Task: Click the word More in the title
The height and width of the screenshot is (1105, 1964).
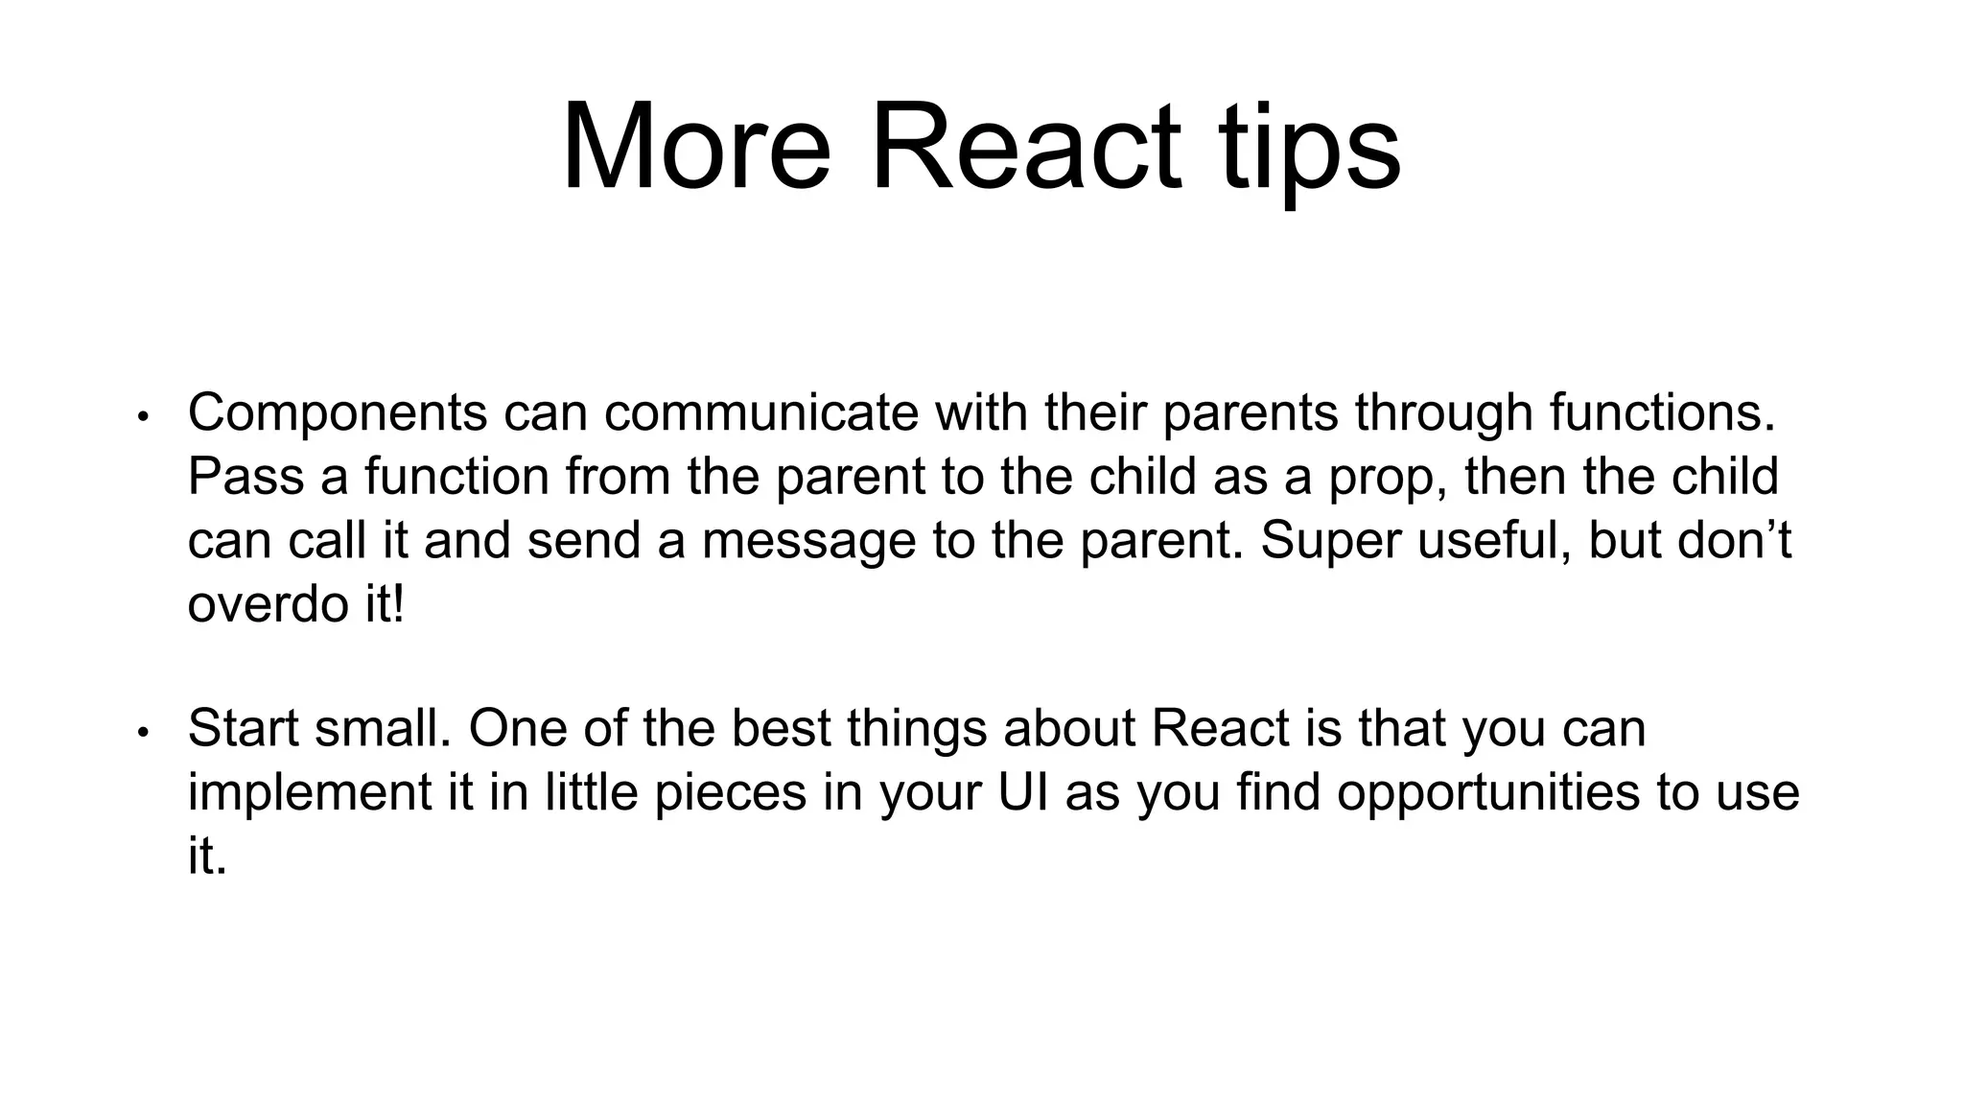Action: pyautogui.click(x=695, y=149)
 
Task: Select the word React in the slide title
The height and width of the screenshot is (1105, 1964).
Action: pyautogui.click(x=1026, y=149)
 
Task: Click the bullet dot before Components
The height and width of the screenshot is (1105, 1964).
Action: pyautogui.click(x=143, y=417)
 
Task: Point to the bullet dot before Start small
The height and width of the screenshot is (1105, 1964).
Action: pyautogui.click(x=143, y=734)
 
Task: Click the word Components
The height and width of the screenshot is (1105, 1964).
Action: pyautogui.click(x=338, y=414)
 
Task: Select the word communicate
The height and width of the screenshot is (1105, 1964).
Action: pyautogui.click(x=760, y=412)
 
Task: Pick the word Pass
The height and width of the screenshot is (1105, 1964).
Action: pyautogui.click(x=245, y=477)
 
